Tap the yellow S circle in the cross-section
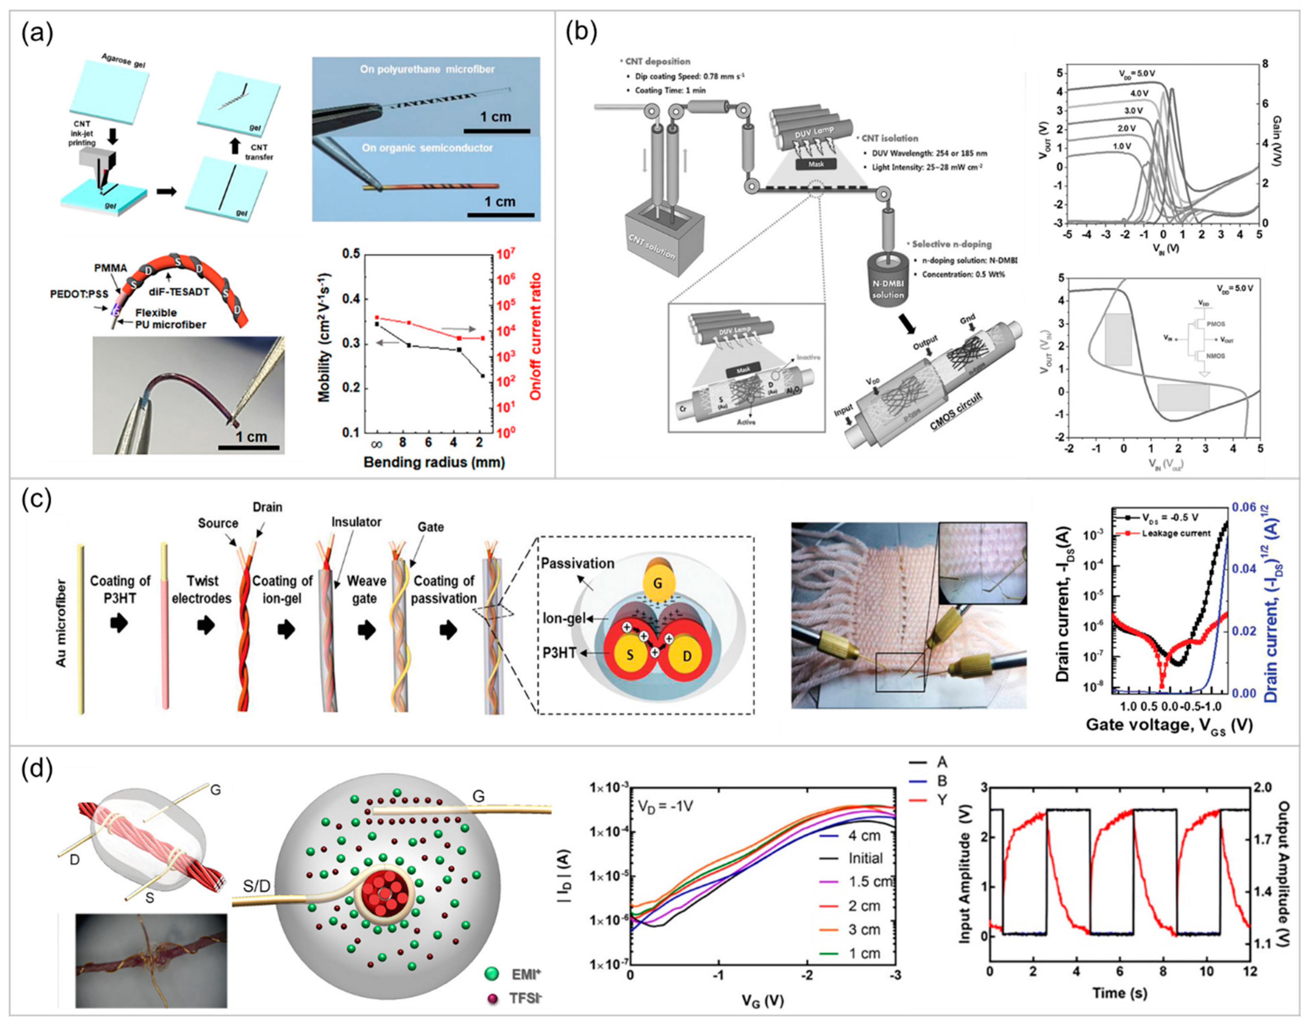630,654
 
